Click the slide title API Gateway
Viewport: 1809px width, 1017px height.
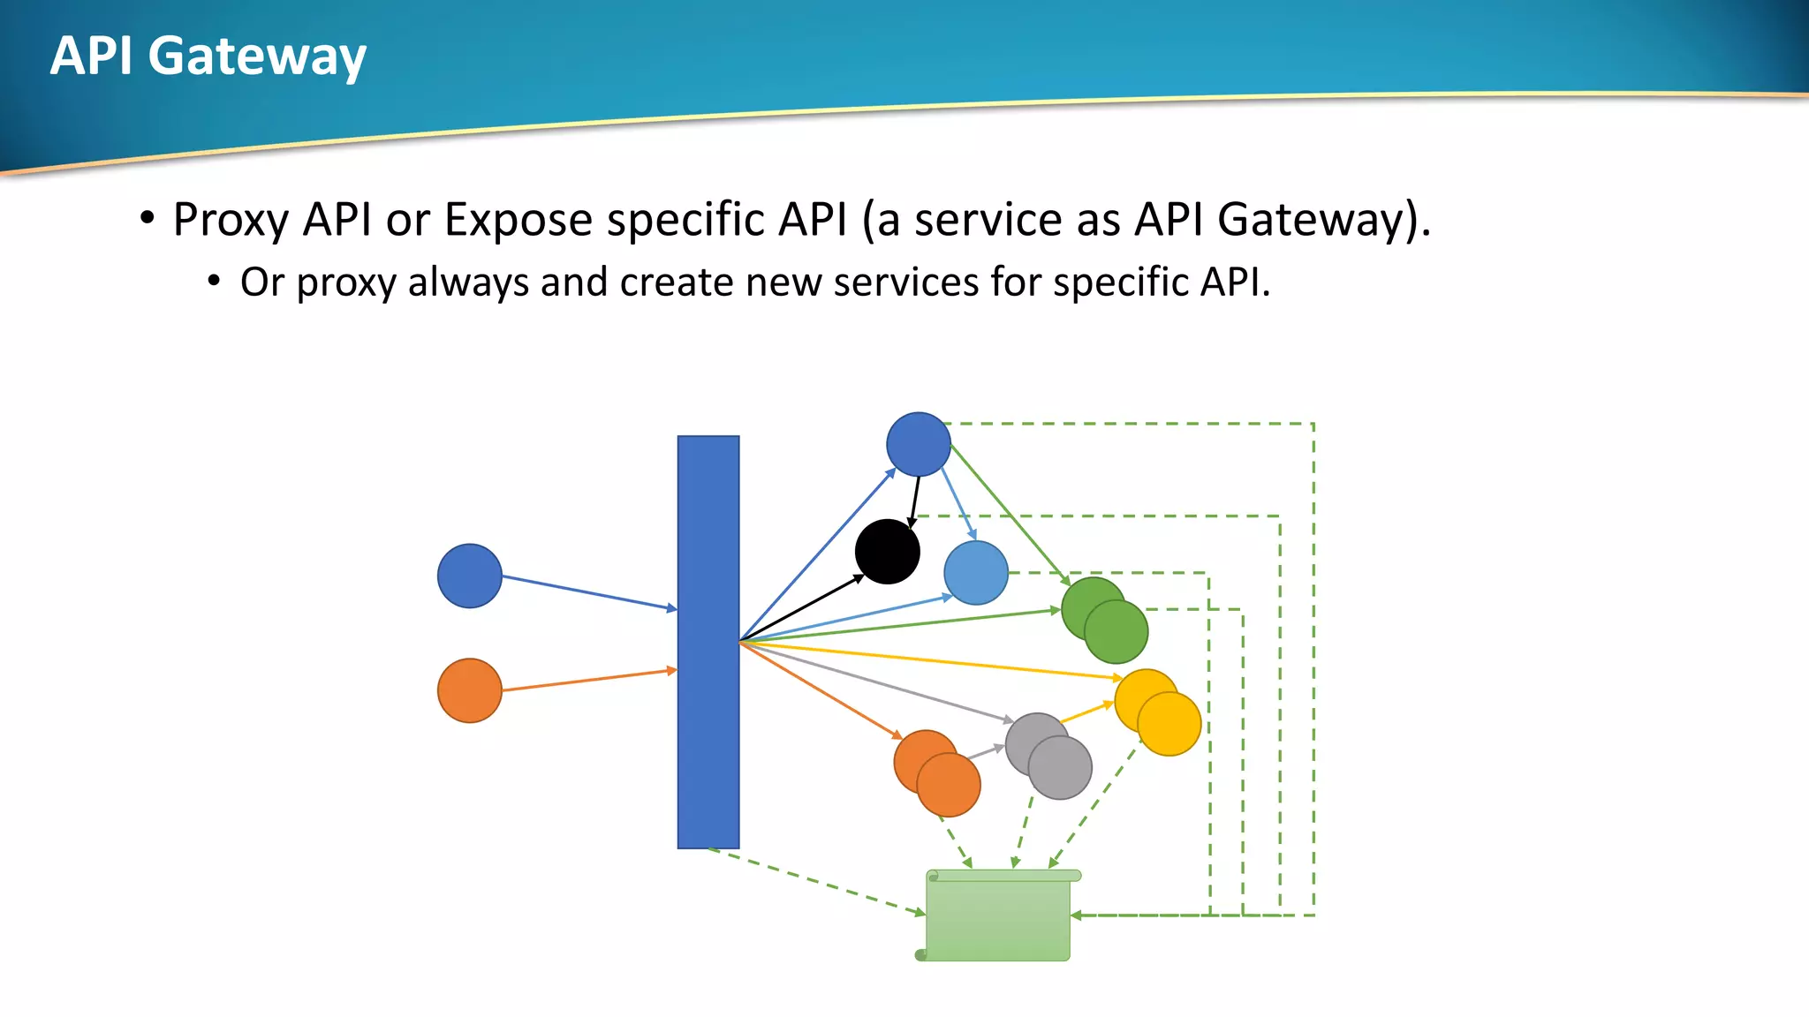coord(208,56)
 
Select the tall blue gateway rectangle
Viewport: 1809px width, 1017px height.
coord(708,642)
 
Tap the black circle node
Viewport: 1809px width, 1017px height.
coord(887,552)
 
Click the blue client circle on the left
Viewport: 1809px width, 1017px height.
coord(469,576)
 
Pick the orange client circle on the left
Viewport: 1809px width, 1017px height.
coord(469,690)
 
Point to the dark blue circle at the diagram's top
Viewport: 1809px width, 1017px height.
coord(918,444)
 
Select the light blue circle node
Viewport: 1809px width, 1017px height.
coord(975,573)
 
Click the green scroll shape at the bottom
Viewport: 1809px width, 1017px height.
coord(998,918)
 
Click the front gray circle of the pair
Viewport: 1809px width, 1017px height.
coord(1061,768)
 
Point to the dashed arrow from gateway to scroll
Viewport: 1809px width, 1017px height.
coord(817,882)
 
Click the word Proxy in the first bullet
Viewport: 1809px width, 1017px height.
coord(231,220)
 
